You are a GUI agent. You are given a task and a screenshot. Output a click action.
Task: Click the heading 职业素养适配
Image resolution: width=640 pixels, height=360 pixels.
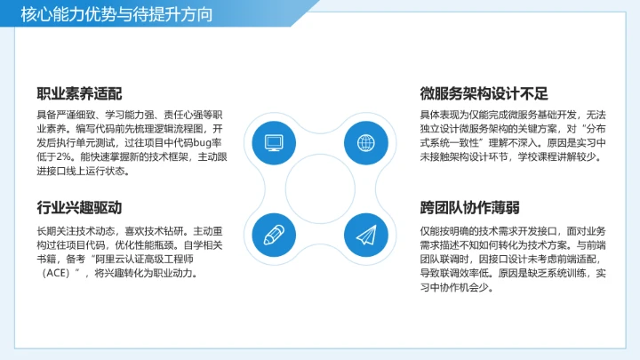(x=79, y=93)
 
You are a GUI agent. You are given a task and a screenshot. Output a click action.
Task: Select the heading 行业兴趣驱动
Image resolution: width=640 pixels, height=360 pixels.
(x=79, y=208)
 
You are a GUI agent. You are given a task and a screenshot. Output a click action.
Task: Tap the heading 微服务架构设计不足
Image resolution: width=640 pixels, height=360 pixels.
(x=484, y=93)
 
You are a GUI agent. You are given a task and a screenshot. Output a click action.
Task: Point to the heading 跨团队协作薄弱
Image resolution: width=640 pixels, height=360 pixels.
(x=470, y=208)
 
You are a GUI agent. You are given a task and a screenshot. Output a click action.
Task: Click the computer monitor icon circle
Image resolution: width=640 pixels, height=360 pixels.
(x=274, y=142)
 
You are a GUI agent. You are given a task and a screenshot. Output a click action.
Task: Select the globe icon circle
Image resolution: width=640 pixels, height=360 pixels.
(x=364, y=142)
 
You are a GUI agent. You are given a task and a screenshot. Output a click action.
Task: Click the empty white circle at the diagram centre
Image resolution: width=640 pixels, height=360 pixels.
(x=319, y=188)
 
